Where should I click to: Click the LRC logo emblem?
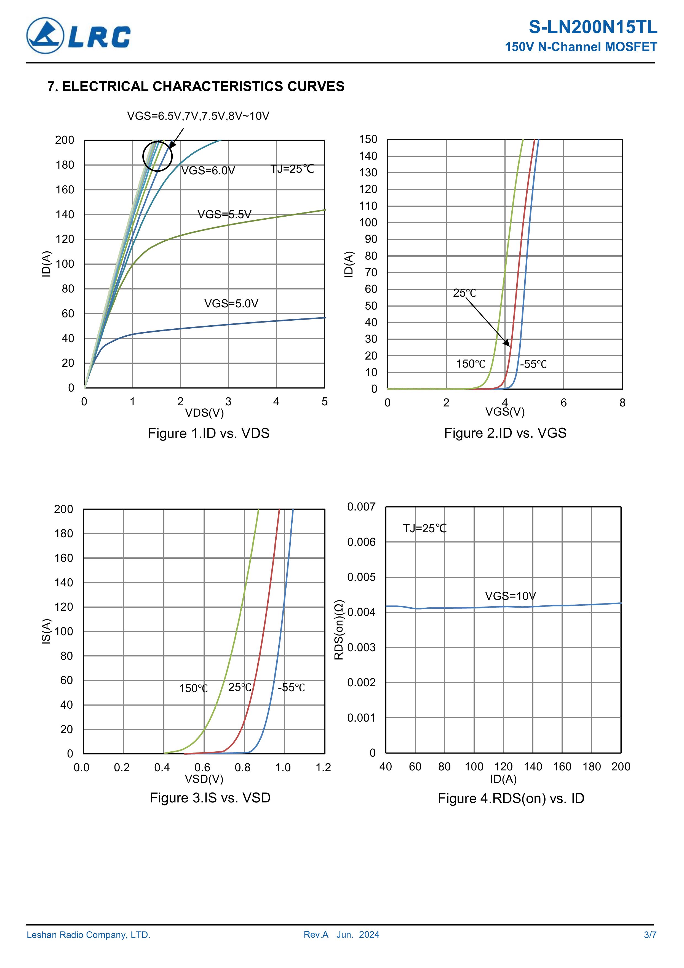(x=45, y=36)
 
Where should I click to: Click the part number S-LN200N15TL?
(x=592, y=27)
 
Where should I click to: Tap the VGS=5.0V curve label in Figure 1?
(x=231, y=304)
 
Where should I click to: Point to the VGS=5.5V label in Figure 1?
(x=224, y=215)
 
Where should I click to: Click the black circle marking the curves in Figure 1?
(x=157, y=156)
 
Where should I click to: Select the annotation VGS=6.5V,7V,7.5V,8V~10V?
(x=198, y=116)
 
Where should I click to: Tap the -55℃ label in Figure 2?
(x=533, y=364)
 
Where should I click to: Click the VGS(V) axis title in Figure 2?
(x=505, y=412)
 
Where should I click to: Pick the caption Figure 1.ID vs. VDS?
(x=208, y=434)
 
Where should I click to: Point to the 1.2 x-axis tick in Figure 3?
(x=323, y=767)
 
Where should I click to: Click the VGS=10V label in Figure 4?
(x=510, y=596)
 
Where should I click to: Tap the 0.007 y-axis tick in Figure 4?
(x=361, y=507)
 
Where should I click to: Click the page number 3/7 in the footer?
(x=650, y=935)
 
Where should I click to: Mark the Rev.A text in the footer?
(x=316, y=935)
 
